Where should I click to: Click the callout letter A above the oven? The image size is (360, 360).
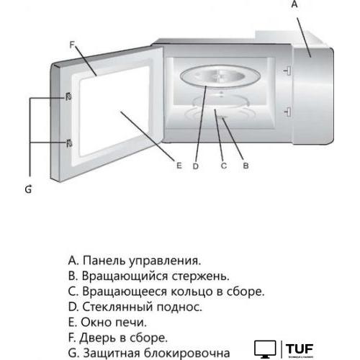pos(293,4)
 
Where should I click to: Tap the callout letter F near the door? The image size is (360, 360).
pos(73,44)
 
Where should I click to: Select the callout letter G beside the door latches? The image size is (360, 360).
pos(28,189)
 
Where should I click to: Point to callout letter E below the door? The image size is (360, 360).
pos(178,166)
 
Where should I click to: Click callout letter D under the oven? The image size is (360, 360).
pos(196,166)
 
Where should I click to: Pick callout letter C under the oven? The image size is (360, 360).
pos(223,166)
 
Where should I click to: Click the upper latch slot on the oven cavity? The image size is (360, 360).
pos(287,71)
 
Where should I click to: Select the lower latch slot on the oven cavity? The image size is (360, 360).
pos(287,110)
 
